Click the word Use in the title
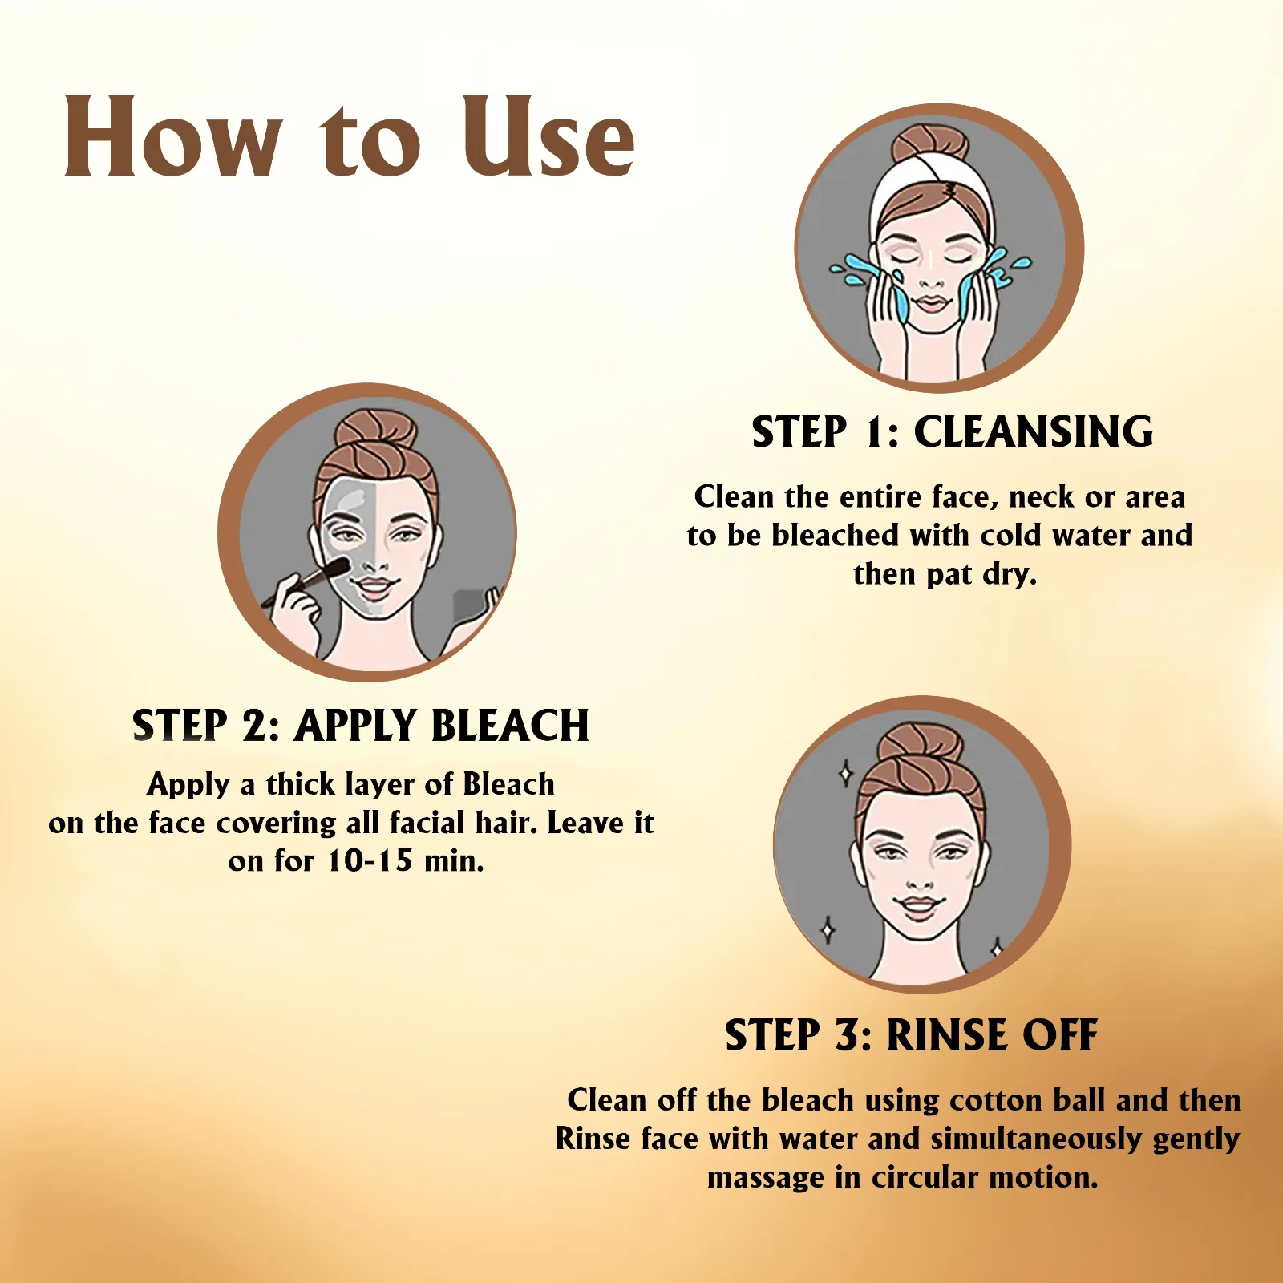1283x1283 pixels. pos(548,136)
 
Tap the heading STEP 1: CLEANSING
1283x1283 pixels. pos(953,431)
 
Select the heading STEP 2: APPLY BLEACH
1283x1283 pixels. pos(361,726)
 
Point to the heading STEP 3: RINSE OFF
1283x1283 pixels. pos(912,1034)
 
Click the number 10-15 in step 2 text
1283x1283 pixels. pos(370,861)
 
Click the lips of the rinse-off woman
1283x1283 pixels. pos(920,906)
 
